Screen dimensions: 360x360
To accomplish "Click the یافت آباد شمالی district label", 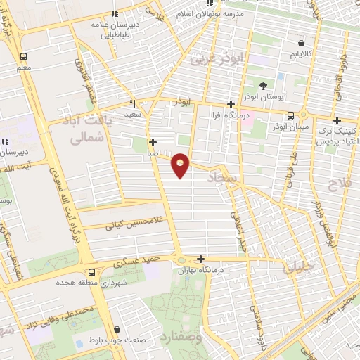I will pos(98,131).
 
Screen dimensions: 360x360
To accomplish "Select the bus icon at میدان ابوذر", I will pos(290,116).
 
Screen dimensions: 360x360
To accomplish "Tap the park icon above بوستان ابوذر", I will pos(263,86).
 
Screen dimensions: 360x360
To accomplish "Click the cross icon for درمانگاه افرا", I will pos(231,103).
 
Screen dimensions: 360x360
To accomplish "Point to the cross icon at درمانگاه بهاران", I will pos(202,259).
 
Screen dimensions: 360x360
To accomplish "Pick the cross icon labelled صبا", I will pos(153,141).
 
